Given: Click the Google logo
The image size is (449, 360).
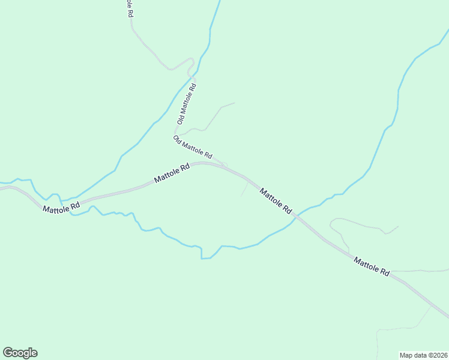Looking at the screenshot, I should [20, 353].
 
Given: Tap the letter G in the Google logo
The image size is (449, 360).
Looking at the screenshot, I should [8, 353].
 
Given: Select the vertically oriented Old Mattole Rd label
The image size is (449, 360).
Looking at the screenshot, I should [186, 104].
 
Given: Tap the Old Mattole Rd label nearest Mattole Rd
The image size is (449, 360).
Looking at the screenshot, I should [193, 147].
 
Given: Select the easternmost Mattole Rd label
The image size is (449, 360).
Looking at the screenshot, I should [371, 266].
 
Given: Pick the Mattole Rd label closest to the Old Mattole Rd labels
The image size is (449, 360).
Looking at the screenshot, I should [172, 173].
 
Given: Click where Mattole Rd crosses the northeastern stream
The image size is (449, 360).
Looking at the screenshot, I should [297, 217].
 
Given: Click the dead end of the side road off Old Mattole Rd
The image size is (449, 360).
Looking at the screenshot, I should [234, 103].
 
